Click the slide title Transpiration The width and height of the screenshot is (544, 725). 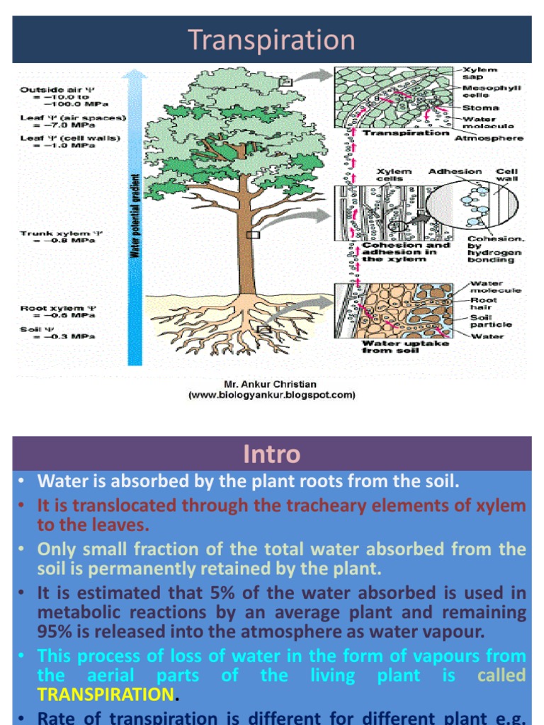point(271,40)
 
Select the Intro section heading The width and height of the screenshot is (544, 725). point(271,454)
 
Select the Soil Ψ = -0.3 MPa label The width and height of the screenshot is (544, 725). point(57,333)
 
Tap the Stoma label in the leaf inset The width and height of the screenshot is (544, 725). point(480,108)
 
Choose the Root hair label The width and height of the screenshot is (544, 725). point(484,304)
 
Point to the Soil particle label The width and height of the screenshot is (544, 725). point(491,321)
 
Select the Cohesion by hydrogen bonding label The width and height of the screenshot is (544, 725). point(495,249)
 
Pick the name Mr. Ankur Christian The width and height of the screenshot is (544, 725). point(272,386)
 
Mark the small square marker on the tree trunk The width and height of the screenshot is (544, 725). point(253,235)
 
